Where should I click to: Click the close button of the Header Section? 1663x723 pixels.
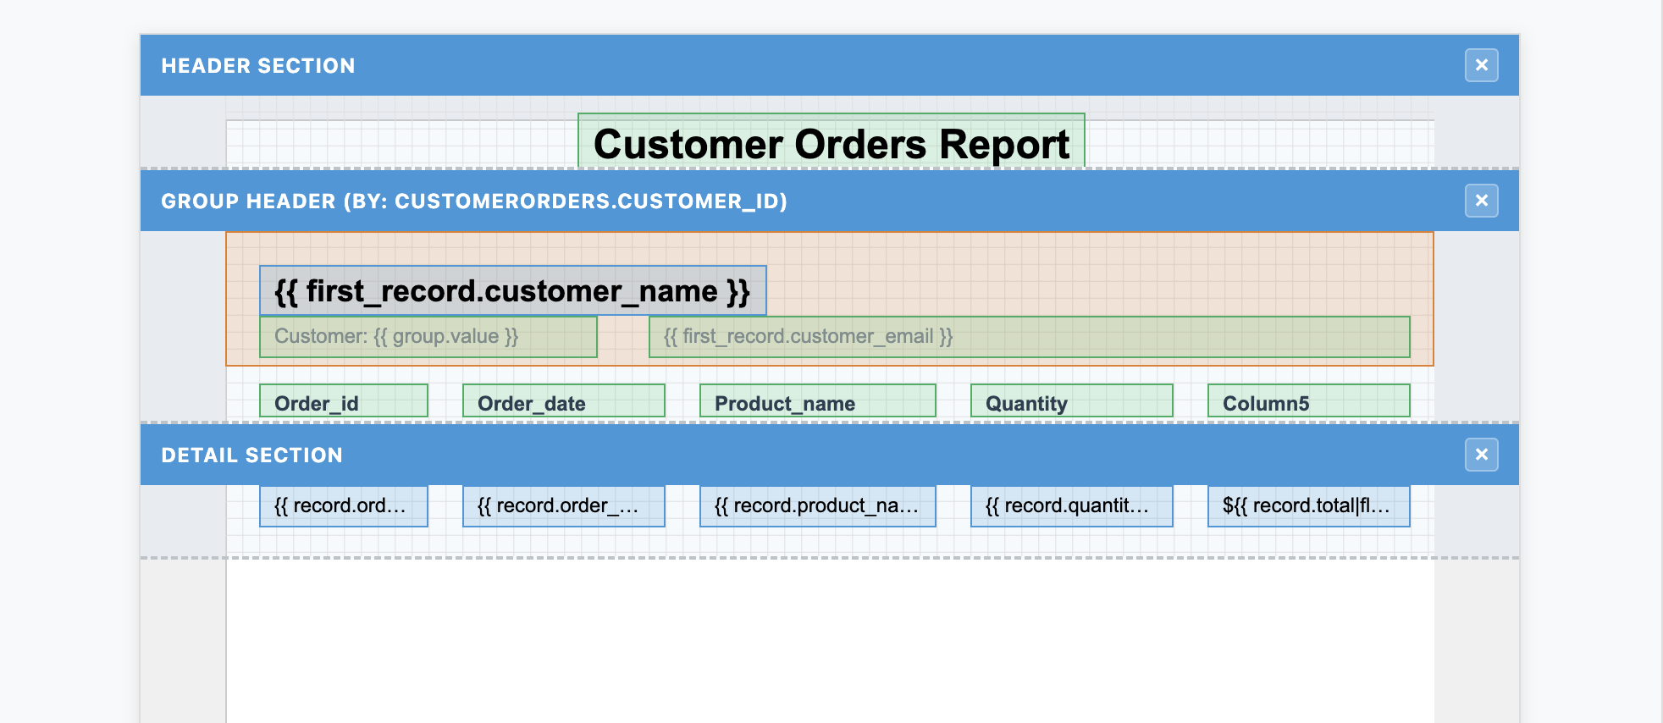coord(1481,65)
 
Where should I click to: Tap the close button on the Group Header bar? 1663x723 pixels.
coord(1481,201)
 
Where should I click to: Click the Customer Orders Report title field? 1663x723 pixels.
coord(831,142)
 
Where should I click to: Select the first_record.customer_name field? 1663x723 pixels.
coord(512,290)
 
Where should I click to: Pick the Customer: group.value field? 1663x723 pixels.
coord(428,336)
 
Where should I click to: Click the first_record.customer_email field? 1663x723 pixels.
coord(1029,336)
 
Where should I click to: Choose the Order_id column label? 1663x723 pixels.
coord(343,401)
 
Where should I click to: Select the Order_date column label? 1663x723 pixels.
coord(563,401)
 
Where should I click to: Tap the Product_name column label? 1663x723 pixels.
coord(817,401)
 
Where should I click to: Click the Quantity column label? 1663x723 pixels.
coord(1071,401)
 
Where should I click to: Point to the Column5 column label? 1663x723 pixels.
coord(1308,401)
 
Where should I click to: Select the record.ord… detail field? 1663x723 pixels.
coord(343,505)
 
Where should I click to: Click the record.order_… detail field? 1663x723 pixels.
coord(563,505)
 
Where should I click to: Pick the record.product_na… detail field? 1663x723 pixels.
coord(817,505)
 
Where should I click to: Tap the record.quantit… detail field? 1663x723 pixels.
coord(1071,505)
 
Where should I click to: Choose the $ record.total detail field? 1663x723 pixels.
coord(1308,505)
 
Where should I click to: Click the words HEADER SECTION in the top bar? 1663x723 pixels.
coord(258,66)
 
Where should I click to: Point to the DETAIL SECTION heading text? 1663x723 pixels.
coord(251,455)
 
